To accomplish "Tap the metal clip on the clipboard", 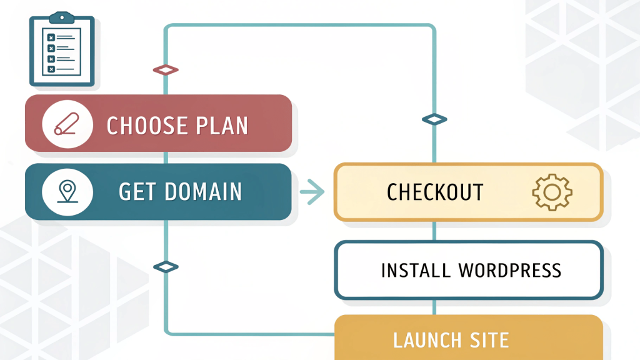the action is (x=62, y=18).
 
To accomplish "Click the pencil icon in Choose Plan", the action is (x=67, y=124).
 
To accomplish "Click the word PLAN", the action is (x=222, y=125).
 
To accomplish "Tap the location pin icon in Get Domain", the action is (x=67, y=191).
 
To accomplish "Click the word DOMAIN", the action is (x=203, y=192).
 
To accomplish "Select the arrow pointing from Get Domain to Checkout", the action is (x=312, y=191).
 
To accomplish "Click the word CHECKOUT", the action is (x=435, y=192).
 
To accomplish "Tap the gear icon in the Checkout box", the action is (x=552, y=192).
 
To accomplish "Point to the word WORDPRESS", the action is (x=510, y=271).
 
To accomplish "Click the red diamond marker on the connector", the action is (x=166, y=70).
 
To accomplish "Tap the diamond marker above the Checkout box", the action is (x=434, y=119).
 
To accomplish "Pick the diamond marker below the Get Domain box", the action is (x=166, y=267).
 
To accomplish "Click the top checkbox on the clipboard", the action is (x=51, y=37).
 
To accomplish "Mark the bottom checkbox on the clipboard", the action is (x=51, y=69).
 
